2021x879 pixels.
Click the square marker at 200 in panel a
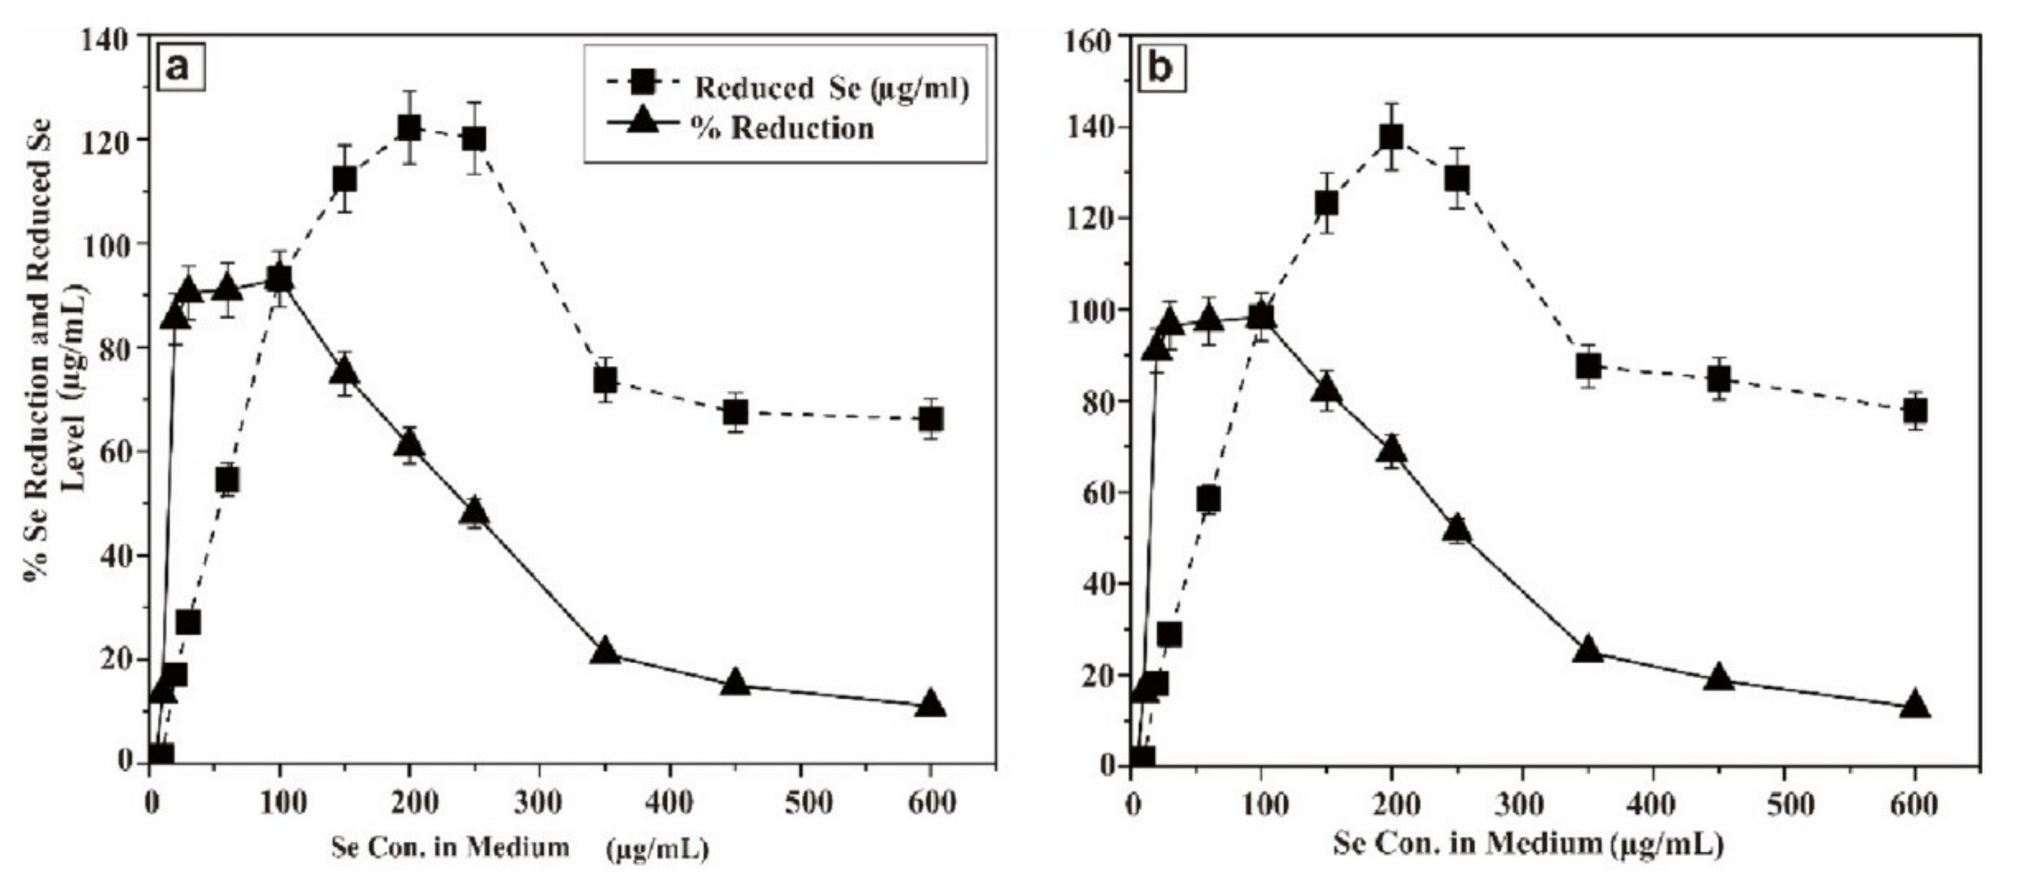coord(409,128)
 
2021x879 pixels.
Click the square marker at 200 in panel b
coord(1391,138)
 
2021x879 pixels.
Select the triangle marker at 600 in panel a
coord(930,703)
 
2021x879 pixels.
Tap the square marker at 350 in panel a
coord(605,381)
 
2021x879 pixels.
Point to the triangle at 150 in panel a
coord(344,371)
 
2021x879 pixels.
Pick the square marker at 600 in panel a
coord(930,419)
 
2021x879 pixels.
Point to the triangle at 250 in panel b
coord(1457,528)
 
